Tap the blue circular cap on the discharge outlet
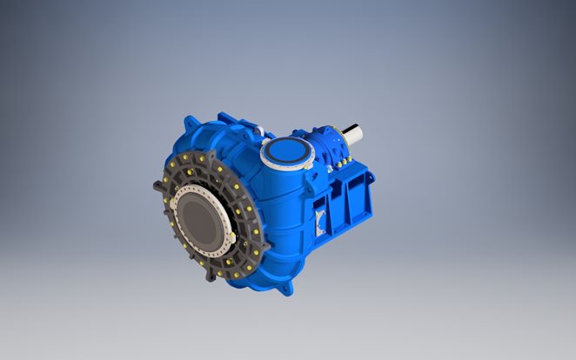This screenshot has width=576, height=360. pyautogui.click(x=286, y=153)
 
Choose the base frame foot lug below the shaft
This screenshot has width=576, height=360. pyautogui.click(x=371, y=178)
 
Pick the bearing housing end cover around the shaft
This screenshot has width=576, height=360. pyautogui.click(x=335, y=141)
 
